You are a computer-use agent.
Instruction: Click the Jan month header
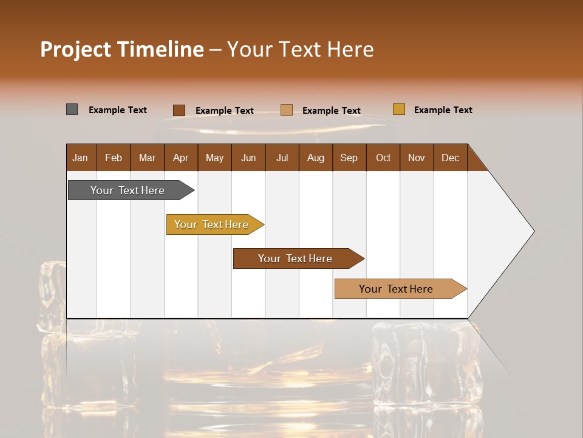click(81, 158)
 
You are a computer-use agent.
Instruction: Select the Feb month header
click(114, 158)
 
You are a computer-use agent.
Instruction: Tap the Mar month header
click(147, 158)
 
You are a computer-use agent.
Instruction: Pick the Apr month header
click(181, 158)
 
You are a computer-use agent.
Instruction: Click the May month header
click(214, 158)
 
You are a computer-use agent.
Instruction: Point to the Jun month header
click(248, 158)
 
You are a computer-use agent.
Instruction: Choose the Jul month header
click(282, 158)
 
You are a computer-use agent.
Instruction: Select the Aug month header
click(316, 158)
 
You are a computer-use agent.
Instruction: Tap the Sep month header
click(349, 158)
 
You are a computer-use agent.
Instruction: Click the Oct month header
click(383, 158)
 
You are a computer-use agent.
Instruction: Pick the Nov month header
click(417, 158)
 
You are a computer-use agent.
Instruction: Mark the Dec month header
click(451, 158)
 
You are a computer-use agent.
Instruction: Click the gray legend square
click(72, 109)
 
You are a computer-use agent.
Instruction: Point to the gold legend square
click(398, 109)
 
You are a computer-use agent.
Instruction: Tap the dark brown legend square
click(179, 110)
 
